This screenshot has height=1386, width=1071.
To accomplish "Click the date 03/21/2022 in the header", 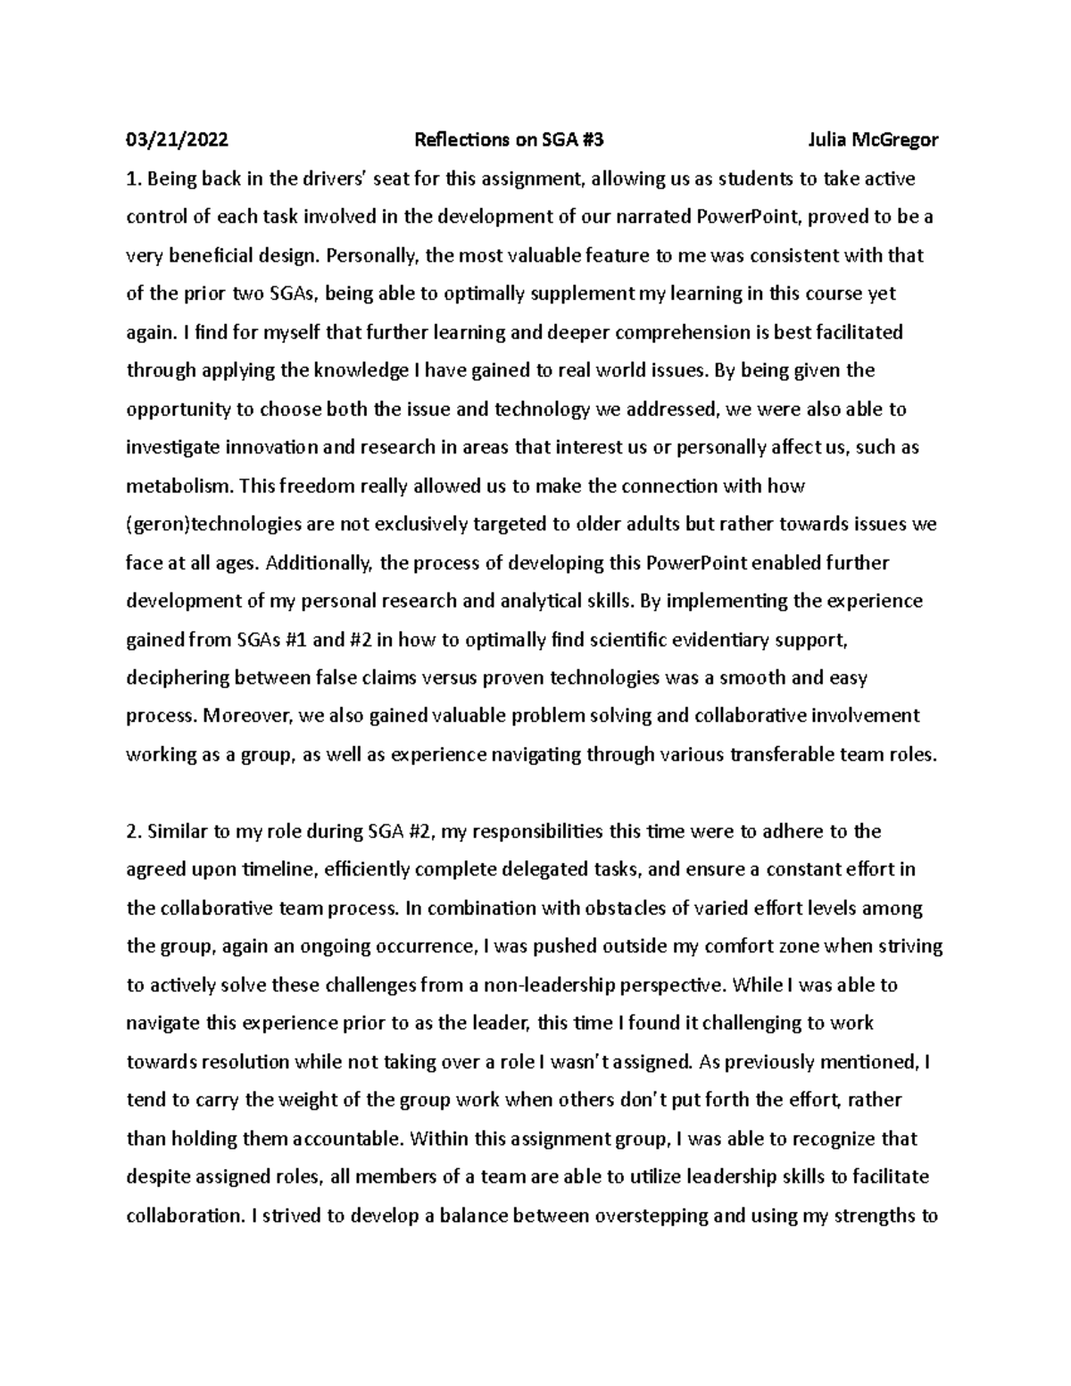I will tap(177, 140).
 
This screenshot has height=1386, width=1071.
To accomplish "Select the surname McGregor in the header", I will tap(894, 140).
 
